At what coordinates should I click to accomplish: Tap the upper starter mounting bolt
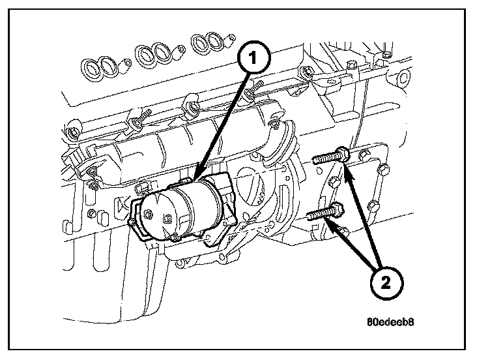click(332, 158)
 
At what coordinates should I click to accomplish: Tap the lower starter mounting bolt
click(324, 213)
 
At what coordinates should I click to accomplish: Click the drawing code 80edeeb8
click(390, 321)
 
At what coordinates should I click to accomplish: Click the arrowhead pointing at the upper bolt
click(347, 168)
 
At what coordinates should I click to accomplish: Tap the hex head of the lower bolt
click(337, 211)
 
